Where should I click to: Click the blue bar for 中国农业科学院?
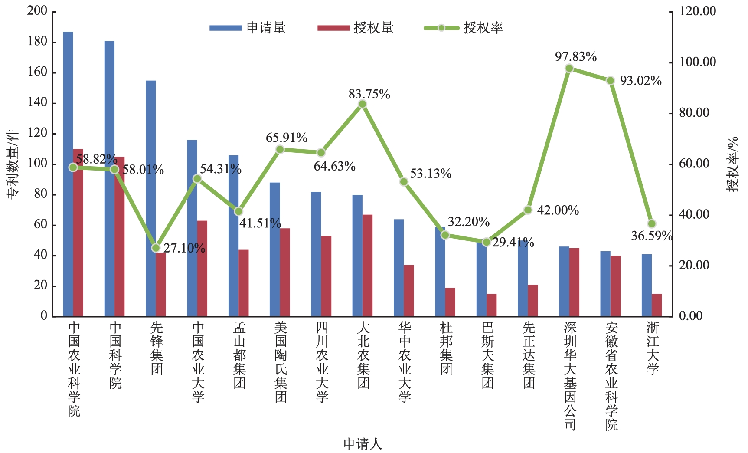[68, 174]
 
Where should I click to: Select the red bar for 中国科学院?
[120, 236]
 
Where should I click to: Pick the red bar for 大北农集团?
[368, 265]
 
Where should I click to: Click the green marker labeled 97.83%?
[569, 68]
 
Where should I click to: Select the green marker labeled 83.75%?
[363, 104]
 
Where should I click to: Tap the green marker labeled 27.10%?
[156, 248]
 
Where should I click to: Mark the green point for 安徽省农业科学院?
[611, 81]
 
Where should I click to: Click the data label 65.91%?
[287, 138]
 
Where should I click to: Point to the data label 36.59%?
[651, 236]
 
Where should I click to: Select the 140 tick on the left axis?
[37, 103]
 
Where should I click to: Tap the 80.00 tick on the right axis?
[694, 113]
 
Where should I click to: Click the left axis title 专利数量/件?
[13, 164]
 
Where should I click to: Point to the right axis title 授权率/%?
[732, 164]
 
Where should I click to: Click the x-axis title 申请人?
[363, 443]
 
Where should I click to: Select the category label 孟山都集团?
[239, 355]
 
